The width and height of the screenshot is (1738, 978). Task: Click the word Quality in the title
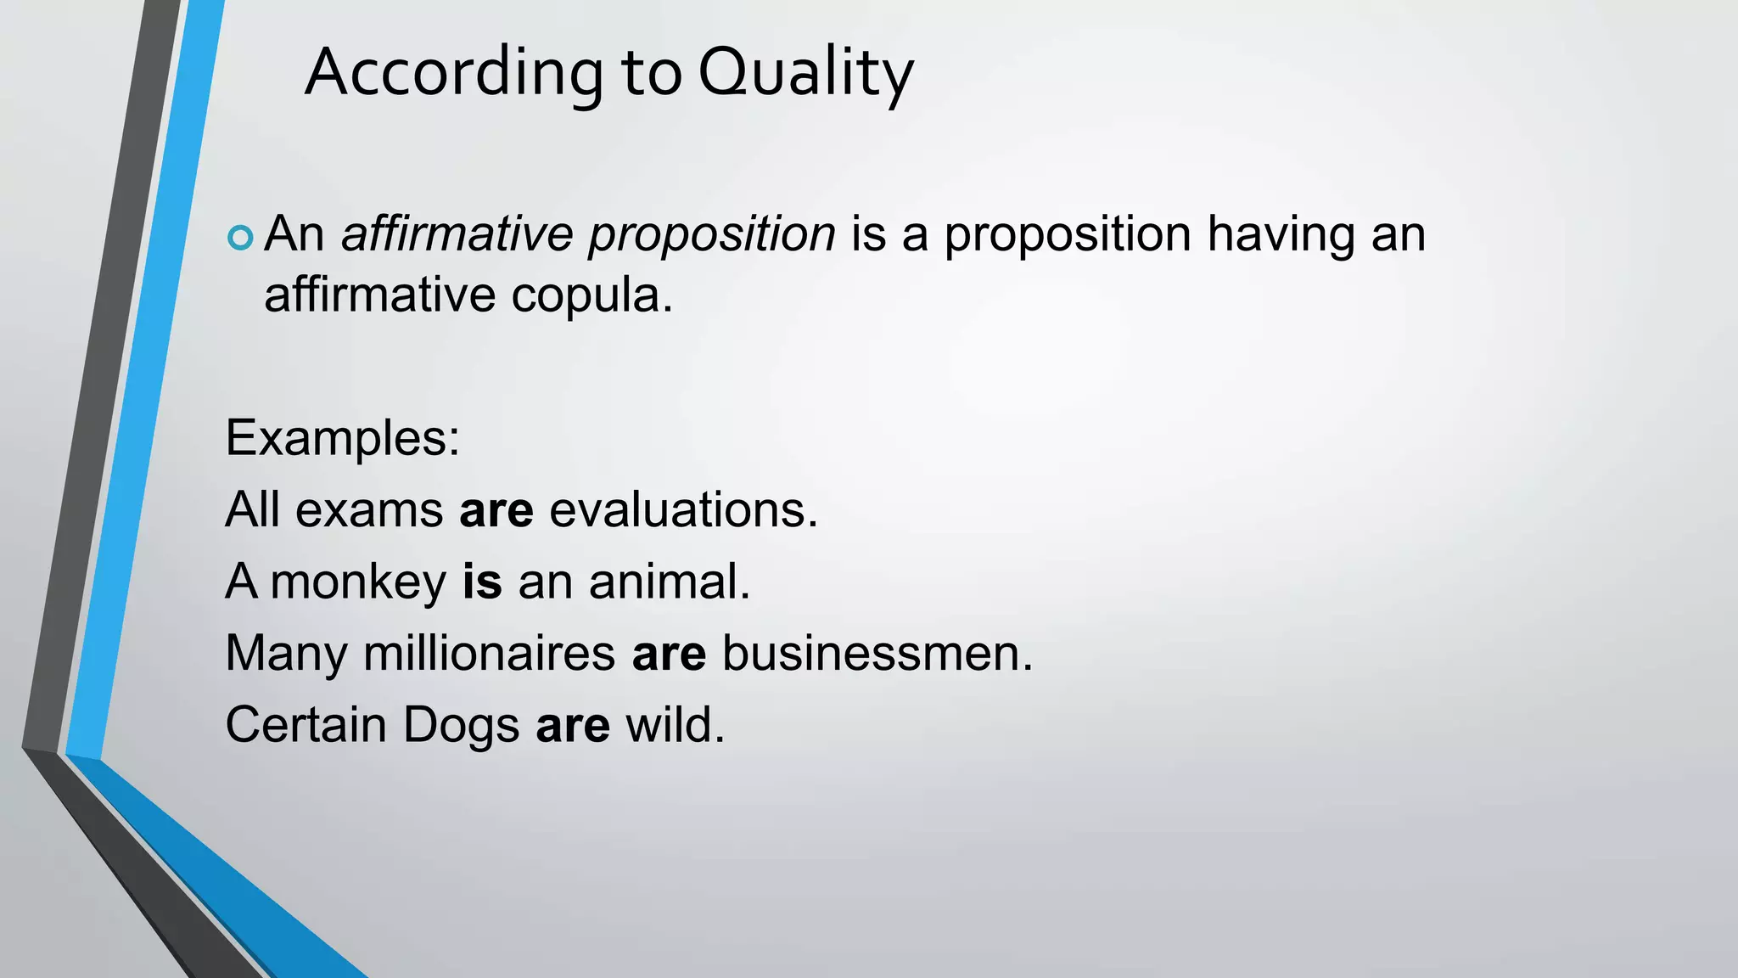point(805,74)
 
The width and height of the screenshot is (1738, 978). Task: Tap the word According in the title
point(454,74)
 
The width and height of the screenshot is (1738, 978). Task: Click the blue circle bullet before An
point(241,238)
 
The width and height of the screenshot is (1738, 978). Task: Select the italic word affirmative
point(457,234)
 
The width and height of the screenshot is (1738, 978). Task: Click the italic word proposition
point(712,234)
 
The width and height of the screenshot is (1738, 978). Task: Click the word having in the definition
point(1281,234)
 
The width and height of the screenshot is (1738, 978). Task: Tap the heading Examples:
point(342,438)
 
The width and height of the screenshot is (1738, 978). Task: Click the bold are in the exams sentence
point(496,510)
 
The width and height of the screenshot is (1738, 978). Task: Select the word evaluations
point(683,510)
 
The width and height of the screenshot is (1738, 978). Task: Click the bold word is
point(482,582)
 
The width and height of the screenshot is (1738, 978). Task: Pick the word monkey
point(358,583)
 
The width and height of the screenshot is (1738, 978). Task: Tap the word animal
point(670,582)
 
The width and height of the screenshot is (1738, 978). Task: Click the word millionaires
point(489,654)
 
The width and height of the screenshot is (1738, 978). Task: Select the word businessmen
point(877,654)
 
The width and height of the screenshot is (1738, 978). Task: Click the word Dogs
point(461,726)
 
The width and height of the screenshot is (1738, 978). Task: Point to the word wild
point(676,726)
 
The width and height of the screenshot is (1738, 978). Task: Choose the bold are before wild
point(573,727)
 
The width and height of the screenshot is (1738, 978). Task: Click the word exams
point(369,511)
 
